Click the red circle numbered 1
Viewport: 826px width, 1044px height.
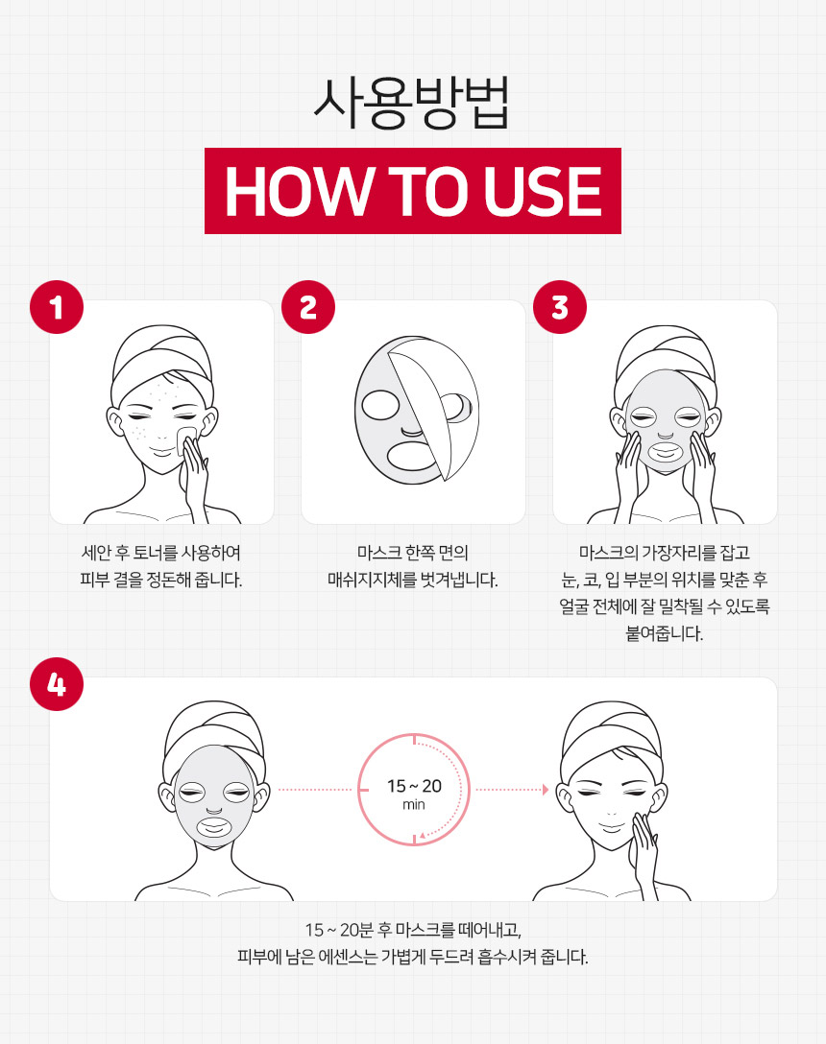pyautogui.click(x=57, y=307)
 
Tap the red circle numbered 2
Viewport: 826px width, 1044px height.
pyautogui.click(x=308, y=307)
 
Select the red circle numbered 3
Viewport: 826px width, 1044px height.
pyautogui.click(x=560, y=307)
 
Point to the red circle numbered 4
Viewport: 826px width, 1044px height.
pyautogui.click(x=57, y=684)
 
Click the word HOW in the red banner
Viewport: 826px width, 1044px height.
pyautogui.click(x=298, y=192)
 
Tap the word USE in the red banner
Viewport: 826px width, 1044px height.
pyautogui.click(x=543, y=192)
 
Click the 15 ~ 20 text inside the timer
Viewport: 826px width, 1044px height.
pyautogui.click(x=414, y=786)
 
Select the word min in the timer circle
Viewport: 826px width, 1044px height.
pyautogui.click(x=413, y=805)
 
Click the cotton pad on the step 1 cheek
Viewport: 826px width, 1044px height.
pyautogui.click(x=186, y=439)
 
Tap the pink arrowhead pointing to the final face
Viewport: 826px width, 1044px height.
pyautogui.click(x=546, y=790)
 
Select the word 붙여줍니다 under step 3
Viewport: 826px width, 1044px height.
pyautogui.click(x=664, y=633)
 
